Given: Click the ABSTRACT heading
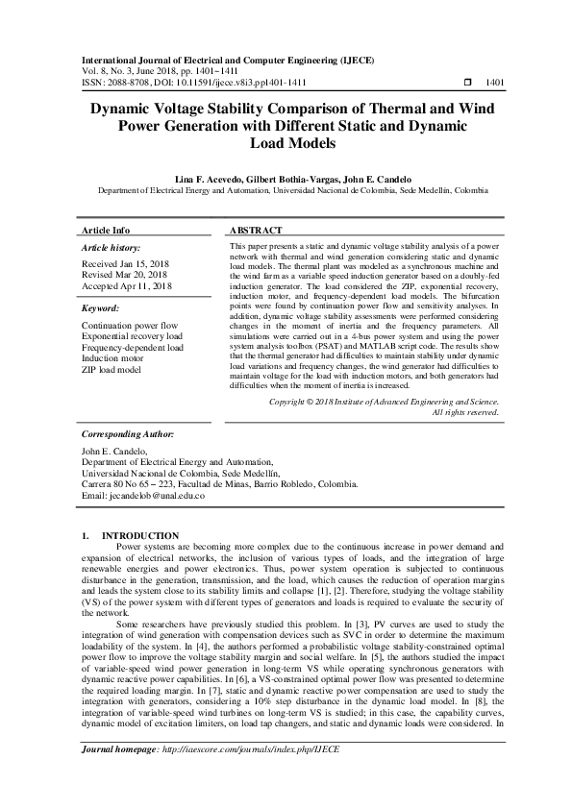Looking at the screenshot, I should (x=256, y=232).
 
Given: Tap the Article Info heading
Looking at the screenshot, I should (x=106, y=232).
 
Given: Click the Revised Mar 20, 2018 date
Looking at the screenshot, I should (x=126, y=275).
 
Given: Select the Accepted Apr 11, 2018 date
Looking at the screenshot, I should (x=127, y=285).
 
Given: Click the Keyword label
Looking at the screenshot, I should (x=100, y=308).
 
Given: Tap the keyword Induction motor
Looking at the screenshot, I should (x=113, y=357).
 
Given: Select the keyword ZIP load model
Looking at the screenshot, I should (x=112, y=368).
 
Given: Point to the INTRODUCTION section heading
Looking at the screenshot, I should (x=140, y=535).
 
